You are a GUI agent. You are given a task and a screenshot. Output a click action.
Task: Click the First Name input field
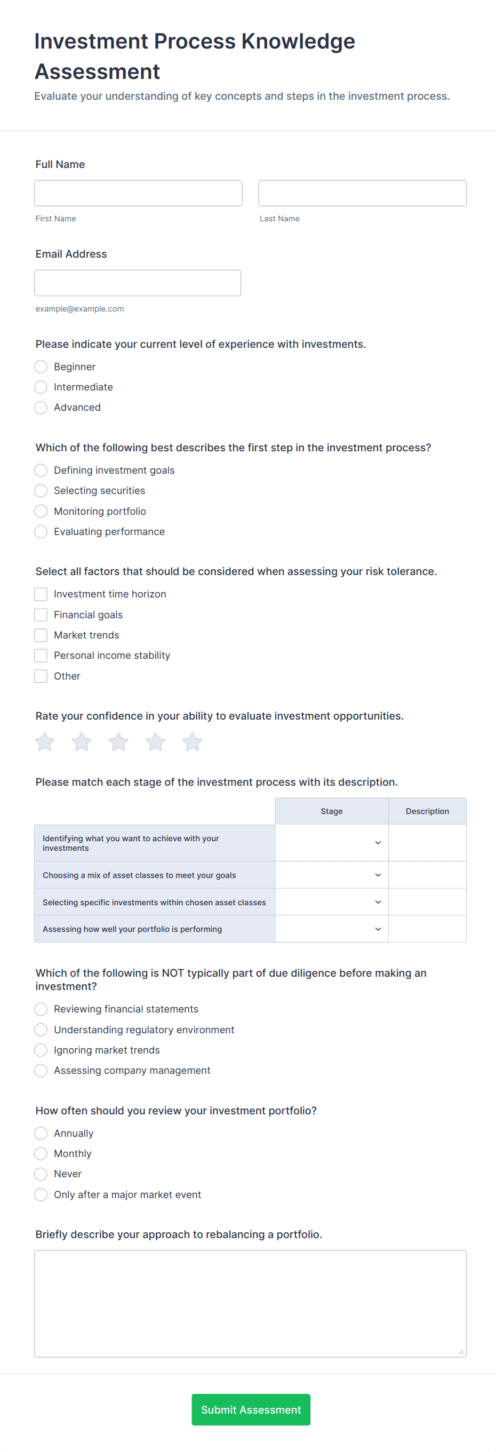(x=138, y=193)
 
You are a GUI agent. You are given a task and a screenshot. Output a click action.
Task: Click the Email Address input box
(x=138, y=283)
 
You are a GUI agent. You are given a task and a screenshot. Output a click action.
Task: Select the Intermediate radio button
(x=41, y=387)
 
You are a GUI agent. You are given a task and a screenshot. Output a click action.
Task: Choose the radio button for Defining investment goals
(x=41, y=470)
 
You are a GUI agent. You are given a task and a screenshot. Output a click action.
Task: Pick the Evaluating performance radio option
(x=41, y=531)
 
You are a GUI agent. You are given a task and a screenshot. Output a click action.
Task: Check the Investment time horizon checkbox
(x=41, y=594)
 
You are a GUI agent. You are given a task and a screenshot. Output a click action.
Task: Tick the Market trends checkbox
(x=41, y=635)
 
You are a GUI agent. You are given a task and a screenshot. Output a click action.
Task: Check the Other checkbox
(x=41, y=676)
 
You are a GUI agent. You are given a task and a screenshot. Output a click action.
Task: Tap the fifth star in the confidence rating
(x=192, y=742)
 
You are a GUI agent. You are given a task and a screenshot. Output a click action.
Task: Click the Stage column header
(x=331, y=811)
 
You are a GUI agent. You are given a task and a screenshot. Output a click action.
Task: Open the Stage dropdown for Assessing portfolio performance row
(x=331, y=929)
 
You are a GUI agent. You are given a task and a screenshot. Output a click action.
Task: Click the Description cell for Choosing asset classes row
(x=427, y=875)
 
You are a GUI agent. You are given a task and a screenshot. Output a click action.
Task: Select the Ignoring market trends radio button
(x=41, y=1050)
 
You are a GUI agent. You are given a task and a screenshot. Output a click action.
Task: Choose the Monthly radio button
(x=41, y=1154)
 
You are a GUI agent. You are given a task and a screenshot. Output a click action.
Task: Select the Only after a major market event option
(x=41, y=1194)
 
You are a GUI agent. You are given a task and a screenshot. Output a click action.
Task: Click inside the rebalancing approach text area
(x=250, y=1303)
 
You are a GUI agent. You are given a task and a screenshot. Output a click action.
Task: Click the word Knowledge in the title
(x=298, y=42)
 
